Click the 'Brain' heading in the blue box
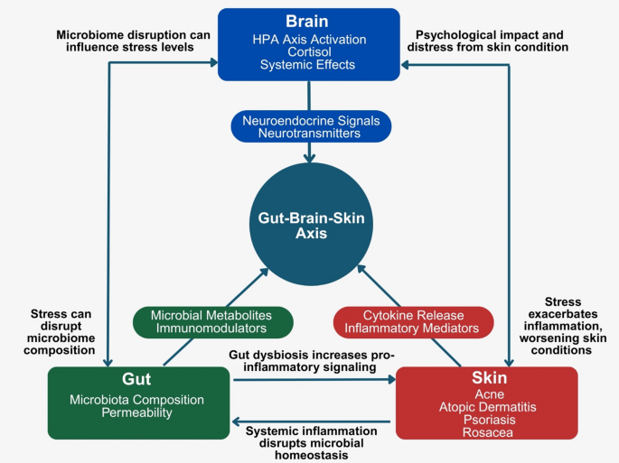click(309, 22)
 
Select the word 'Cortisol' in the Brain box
click(309, 52)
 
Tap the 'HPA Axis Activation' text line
click(309, 39)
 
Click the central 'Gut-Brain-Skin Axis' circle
click(310, 222)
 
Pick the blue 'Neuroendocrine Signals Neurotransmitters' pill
click(310, 125)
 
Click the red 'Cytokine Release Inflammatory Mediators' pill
click(413, 320)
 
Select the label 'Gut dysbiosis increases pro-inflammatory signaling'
click(311, 362)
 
